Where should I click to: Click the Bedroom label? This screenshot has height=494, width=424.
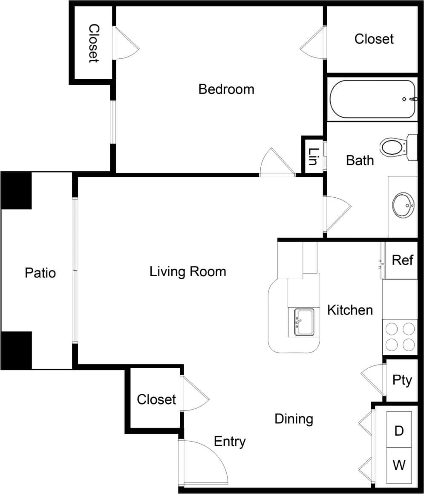[x=226, y=89]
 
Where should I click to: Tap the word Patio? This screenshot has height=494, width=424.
[x=40, y=272]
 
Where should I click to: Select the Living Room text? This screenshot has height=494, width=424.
[x=187, y=272]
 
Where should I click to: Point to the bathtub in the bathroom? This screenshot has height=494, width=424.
[x=372, y=99]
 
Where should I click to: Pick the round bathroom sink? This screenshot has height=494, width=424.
[x=403, y=206]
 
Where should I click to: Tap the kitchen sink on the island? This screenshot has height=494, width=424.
[x=304, y=322]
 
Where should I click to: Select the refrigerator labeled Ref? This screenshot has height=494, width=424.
[x=402, y=260]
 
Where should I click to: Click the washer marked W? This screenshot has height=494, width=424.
[x=399, y=465]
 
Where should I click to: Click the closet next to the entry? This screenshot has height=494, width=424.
[x=156, y=399]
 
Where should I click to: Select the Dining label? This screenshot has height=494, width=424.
[x=294, y=419]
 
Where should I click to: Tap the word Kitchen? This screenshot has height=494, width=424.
[x=350, y=310]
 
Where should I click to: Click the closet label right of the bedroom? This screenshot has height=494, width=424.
[x=374, y=39]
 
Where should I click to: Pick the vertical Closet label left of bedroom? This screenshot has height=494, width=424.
[x=94, y=43]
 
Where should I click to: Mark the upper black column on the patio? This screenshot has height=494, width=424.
[x=16, y=190]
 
